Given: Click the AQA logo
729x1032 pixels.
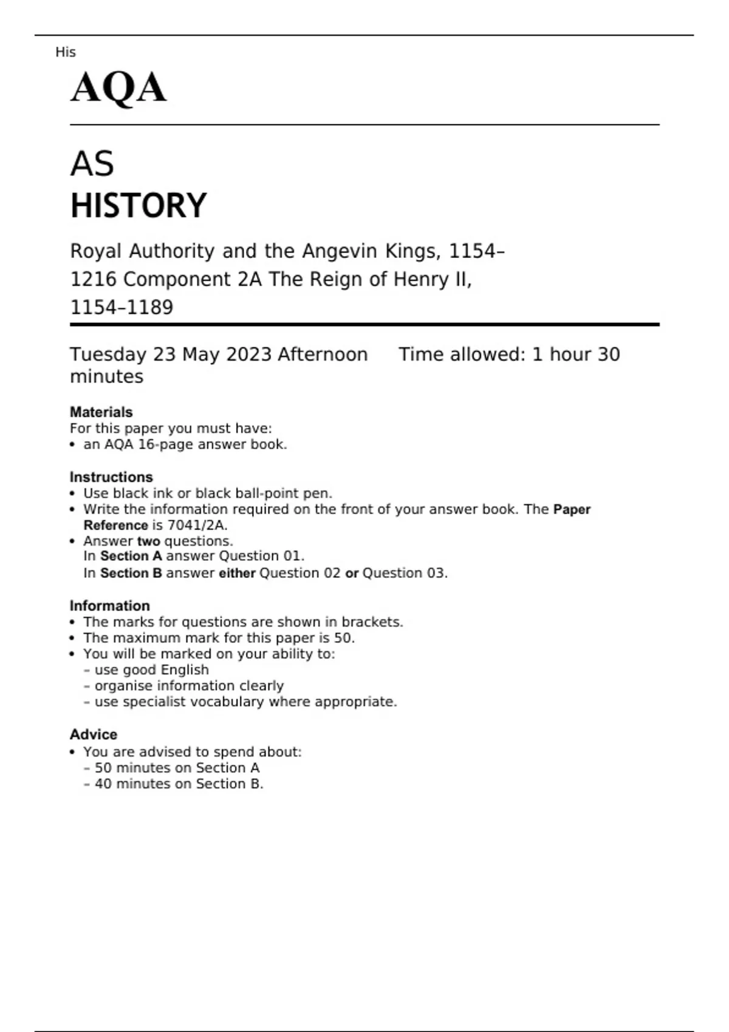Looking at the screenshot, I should coord(118,88).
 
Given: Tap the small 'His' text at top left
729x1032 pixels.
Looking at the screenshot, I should coord(65,52).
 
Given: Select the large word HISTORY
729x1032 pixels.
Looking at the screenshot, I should coord(139,205).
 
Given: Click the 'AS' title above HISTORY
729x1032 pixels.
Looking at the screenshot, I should coord(92,164).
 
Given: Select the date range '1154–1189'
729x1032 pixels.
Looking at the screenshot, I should coord(122,307).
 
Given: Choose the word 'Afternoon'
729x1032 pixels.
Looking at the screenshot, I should coord(323,355).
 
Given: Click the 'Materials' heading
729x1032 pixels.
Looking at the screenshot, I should coord(101,412).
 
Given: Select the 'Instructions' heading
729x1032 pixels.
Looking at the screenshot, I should coord(111,477).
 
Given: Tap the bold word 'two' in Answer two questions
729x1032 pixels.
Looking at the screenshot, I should coord(149,541).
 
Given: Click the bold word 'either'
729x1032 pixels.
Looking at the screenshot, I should coord(237,573).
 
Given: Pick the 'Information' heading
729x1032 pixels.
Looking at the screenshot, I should coord(109,606).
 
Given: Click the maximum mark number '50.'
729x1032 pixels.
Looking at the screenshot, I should coord(344,638).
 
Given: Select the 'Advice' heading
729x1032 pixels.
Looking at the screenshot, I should coord(94,735).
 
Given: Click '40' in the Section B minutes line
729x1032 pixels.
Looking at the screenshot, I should coord(103,784).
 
